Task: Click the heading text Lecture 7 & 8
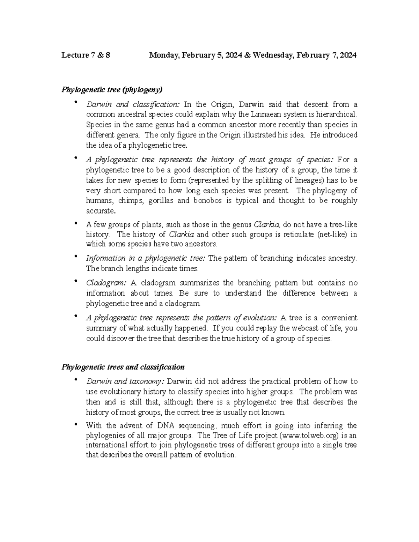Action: click(86, 55)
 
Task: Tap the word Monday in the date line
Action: click(162, 55)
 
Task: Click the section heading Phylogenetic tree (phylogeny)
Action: click(112, 90)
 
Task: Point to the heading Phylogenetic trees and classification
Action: click(123, 367)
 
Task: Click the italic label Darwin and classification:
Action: click(133, 104)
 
